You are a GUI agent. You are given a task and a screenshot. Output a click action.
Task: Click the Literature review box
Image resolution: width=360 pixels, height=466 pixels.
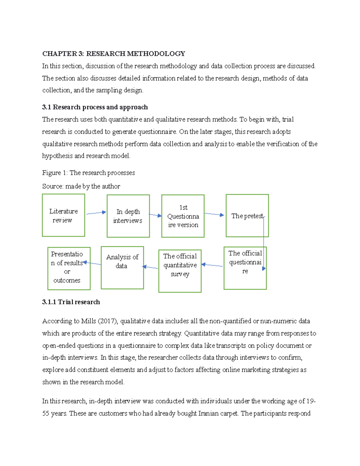(x=63, y=215)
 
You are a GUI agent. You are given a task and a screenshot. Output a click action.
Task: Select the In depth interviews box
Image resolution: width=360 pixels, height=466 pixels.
(x=128, y=216)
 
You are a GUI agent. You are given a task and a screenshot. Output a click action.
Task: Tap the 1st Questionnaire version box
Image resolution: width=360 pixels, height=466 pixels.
(x=183, y=216)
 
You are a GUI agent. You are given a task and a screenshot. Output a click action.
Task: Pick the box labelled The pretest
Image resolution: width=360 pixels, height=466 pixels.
(x=247, y=216)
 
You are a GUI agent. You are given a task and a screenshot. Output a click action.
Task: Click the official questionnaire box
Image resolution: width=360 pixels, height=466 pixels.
(x=245, y=268)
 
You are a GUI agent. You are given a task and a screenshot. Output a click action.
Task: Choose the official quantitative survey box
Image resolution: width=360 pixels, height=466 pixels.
(x=180, y=271)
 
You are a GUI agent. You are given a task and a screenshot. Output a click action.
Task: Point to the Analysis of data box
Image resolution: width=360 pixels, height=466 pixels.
(x=122, y=268)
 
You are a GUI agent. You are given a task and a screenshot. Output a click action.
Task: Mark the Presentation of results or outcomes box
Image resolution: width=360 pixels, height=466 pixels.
(x=69, y=269)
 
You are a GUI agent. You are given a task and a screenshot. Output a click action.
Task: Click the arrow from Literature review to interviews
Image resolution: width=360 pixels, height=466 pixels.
(x=96, y=213)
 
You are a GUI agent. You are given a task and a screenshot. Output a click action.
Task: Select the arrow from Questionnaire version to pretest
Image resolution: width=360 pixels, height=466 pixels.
(x=214, y=214)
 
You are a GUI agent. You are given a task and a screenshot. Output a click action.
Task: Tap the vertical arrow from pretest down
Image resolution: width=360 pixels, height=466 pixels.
(x=264, y=243)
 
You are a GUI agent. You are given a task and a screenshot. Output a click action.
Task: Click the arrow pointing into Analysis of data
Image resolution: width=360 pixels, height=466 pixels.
(x=150, y=267)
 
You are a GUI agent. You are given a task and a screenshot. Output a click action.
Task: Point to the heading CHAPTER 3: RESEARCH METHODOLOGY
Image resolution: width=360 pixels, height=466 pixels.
(x=113, y=54)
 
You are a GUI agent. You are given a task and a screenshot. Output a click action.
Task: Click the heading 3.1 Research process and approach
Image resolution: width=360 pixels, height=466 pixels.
(x=95, y=107)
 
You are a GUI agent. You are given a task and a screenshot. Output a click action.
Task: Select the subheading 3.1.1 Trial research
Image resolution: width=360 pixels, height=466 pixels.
(x=71, y=302)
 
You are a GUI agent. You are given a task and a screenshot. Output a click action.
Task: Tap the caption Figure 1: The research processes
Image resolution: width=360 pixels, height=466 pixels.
(x=88, y=173)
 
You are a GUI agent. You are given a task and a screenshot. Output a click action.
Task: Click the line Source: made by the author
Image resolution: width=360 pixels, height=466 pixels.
(x=81, y=186)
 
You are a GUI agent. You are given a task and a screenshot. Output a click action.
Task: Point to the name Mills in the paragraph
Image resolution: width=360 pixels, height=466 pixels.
(x=88, y=321)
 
